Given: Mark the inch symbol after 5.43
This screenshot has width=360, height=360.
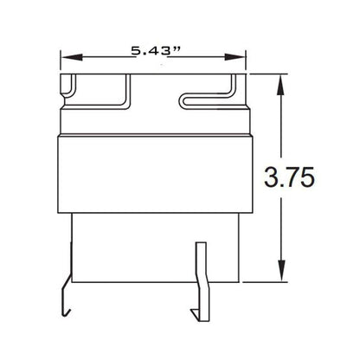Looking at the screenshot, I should (x=176, y=49).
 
